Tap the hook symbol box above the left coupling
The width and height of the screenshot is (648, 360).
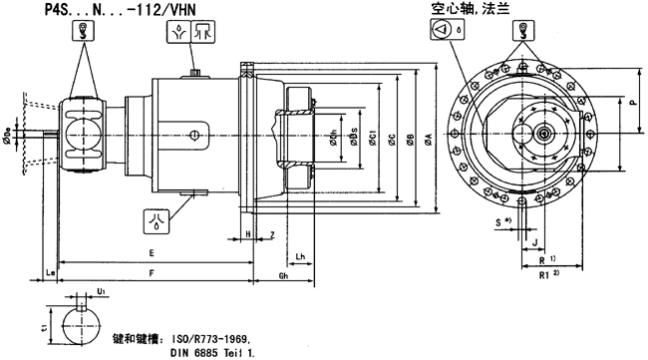pyautogui.click(x=76, y=31)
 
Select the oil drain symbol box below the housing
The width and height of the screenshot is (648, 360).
pyautogui.click(x=157, y=214)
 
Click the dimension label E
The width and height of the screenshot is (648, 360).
pyautogui.click(x=151, y=251)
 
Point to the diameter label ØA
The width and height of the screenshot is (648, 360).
pyautogui.click(x=427, y=140)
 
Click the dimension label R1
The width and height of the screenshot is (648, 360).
pyautogui.click(x=544, y=272)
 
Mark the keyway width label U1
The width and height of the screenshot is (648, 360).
pyautogui.click(x=102, y=293)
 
